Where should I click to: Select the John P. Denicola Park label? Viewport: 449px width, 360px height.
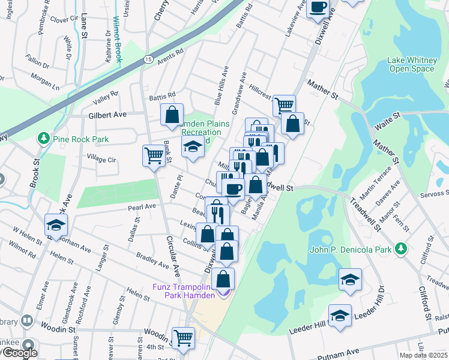click(x=351, y=250)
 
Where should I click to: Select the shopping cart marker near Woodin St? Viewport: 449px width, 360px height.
click(x=183, y=337)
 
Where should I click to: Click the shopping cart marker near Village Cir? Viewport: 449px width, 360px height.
click(x=154, y=155)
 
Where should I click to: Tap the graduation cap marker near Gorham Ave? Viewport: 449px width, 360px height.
click(x=56, y=225)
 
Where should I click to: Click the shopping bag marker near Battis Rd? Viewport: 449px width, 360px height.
click(x=172, y=114)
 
